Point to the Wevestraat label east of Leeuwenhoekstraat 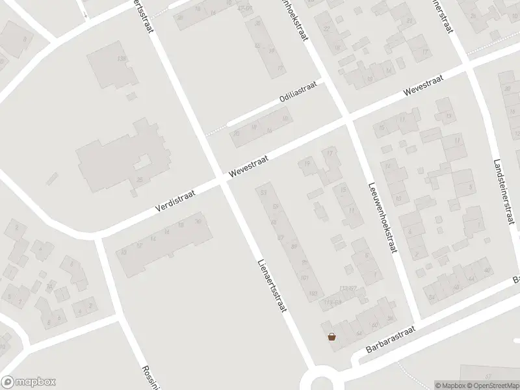point(422,84)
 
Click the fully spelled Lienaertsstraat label point(272,286)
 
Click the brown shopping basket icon point(333,336)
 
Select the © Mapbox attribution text point(448,385)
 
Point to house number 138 point(120,59)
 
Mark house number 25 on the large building point(139,180)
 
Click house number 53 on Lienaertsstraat point(263,193)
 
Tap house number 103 point(313,294)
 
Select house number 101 point(303,278)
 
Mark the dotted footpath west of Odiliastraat point(216,128)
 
